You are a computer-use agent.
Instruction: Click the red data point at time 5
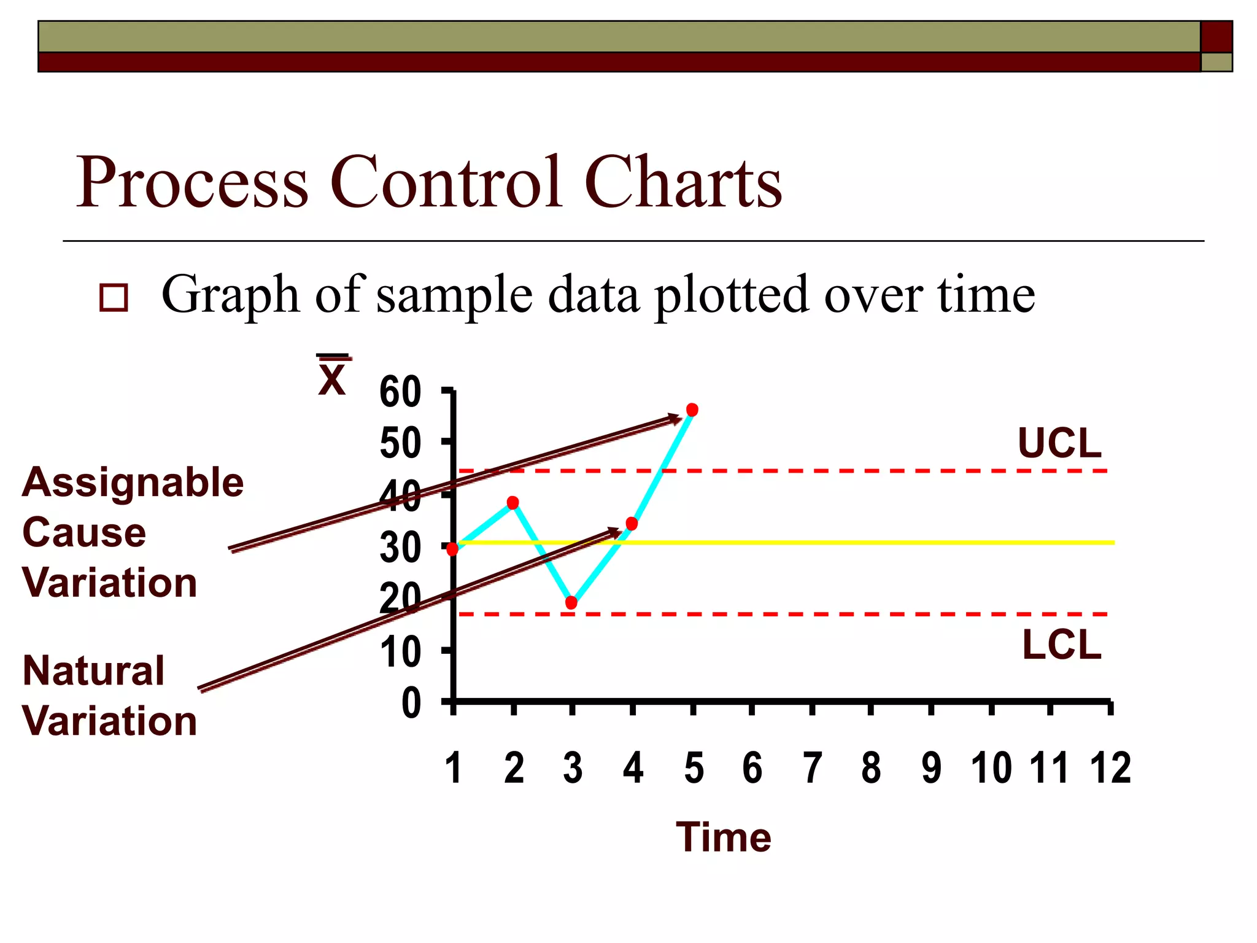692,409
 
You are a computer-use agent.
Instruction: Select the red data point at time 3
571,602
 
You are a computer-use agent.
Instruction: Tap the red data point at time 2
512,503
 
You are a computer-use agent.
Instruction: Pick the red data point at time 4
632,524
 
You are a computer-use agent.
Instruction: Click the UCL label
1059,443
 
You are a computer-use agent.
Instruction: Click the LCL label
1061,645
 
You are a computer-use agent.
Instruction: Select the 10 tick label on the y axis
400,652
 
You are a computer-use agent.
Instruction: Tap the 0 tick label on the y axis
411,703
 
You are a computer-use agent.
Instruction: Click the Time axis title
724,837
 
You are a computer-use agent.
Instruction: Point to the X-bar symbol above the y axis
333,376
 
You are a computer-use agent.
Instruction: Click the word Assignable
133,482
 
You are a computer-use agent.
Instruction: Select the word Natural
93,670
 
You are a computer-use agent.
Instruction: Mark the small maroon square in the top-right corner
1216,37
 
